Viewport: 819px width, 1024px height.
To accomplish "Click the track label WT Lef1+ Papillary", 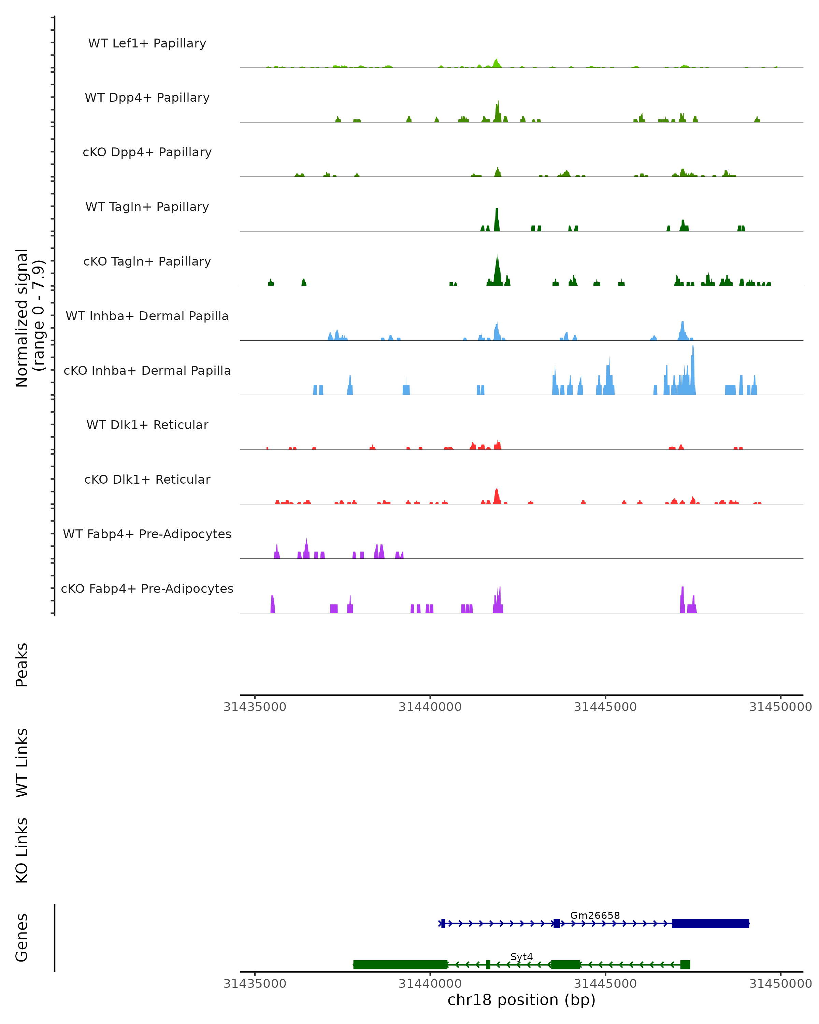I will click(147, 43).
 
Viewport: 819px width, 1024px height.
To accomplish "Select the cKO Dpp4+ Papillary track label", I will click(147, 153).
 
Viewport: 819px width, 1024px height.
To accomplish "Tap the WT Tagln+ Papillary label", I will click(147, 207).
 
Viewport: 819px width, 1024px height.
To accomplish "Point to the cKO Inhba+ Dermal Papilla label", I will click(147, 371).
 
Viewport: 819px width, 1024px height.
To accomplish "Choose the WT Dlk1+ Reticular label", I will click(147, 425).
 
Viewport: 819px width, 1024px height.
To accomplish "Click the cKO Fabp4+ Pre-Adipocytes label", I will click(147, 589).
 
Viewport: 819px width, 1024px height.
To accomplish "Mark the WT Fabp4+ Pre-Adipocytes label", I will click(147, 534).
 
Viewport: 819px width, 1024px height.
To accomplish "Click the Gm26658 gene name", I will click(594, 915).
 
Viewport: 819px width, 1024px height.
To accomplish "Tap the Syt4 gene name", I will click(521, 956).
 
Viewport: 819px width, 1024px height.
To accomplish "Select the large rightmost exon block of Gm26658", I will click(710, 923).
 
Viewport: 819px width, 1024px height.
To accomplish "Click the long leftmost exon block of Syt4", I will click(400, 965).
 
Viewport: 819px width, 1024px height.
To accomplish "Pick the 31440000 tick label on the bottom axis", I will click(430, 984).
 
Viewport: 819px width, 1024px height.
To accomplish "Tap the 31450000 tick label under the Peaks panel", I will click(780, 707).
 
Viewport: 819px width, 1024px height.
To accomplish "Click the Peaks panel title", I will click(22, 665).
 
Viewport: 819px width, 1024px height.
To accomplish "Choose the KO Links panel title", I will click(22, 851).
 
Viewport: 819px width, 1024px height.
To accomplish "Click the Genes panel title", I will click(22, 938).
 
